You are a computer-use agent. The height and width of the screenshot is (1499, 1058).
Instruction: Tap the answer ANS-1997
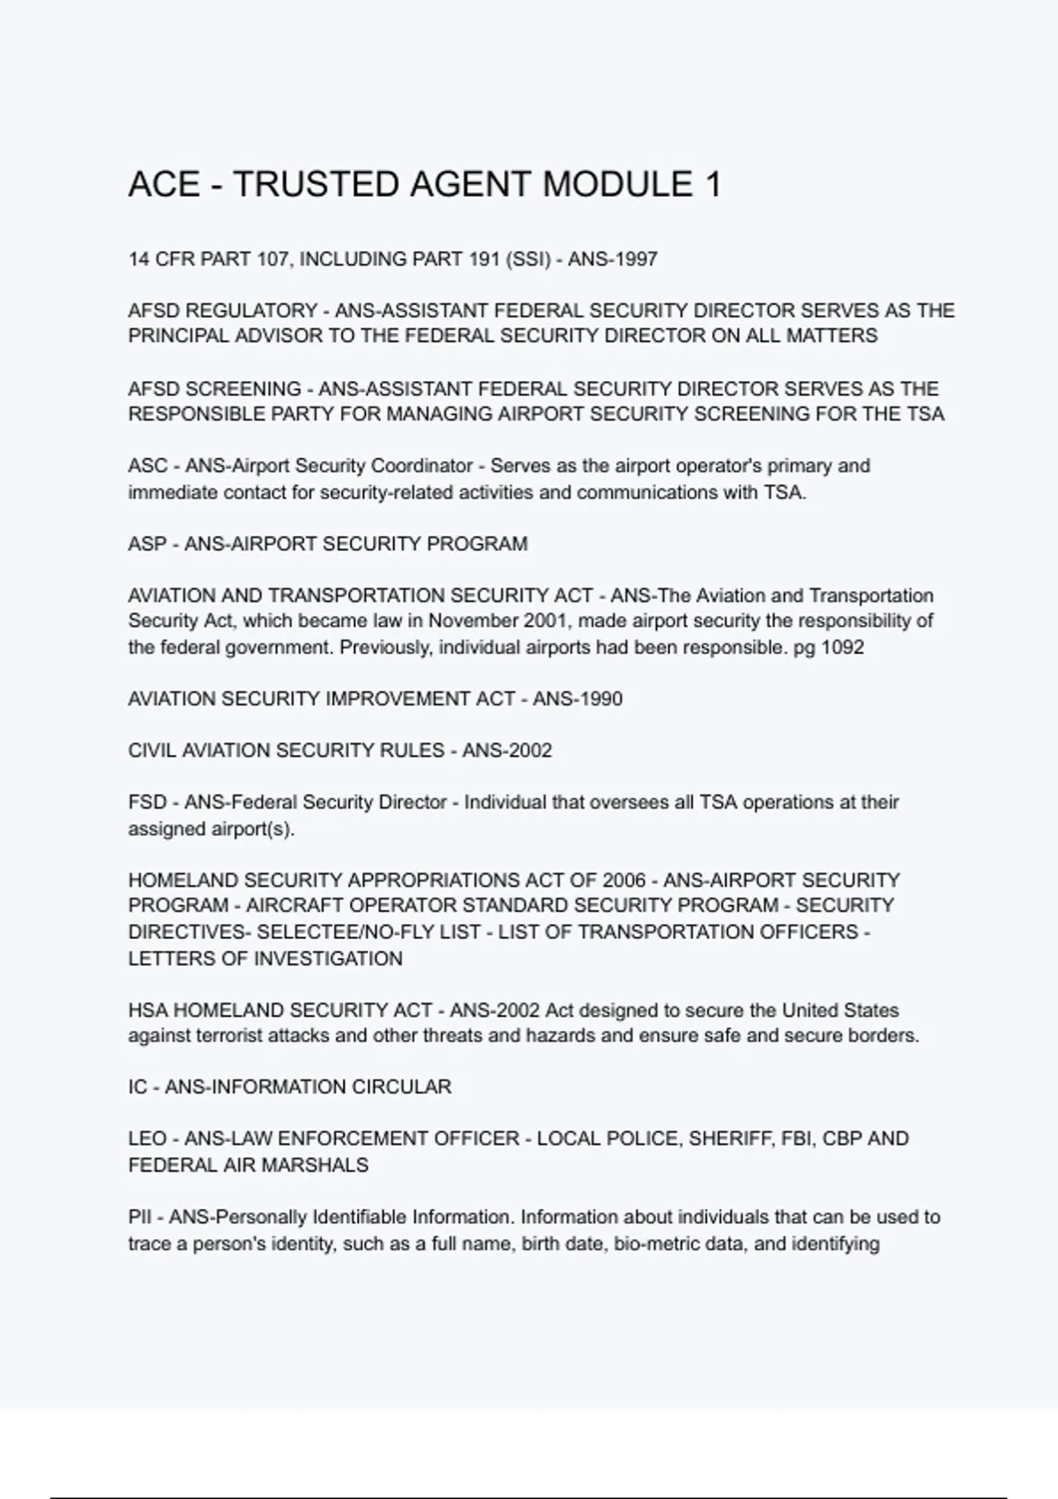click(613, 259)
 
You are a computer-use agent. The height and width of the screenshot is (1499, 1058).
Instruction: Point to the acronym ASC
click(147, 466)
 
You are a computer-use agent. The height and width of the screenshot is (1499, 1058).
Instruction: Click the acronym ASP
click(147, 544)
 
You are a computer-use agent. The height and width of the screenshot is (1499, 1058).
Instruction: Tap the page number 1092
click(842, 647)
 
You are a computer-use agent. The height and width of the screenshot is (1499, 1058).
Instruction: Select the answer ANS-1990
click(577, 699)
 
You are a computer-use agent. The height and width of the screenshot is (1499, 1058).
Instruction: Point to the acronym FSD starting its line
click(147, 802)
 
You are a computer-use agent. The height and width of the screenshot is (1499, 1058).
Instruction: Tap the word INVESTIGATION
click(328, 958)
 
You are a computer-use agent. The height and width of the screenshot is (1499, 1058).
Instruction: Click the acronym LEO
click(147, 1139)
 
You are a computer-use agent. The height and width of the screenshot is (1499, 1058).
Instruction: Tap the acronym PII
click(140, 1218)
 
